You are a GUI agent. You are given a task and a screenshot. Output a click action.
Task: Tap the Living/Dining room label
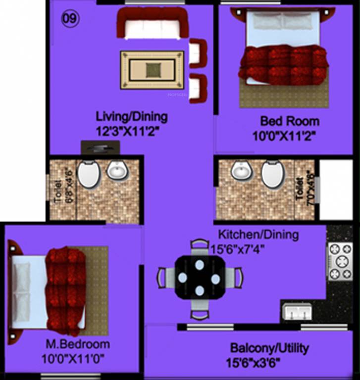pos(132,117)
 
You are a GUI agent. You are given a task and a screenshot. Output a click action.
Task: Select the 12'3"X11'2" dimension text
pos(132,132)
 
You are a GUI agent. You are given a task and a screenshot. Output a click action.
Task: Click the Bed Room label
pos(290,121)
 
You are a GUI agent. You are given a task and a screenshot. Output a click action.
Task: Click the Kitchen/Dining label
pos(258,235)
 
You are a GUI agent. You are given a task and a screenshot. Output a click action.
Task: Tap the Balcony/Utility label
pos(269,348)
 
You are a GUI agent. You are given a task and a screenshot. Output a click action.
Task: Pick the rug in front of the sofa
pos(152,70)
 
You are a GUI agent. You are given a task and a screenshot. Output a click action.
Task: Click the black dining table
pos(199,277)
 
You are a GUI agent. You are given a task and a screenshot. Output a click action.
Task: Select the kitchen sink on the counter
pos(297,312)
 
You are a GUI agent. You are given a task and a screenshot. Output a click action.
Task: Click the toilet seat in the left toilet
pos(89,174)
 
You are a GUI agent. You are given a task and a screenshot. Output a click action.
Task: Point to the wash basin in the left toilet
pos(118,171)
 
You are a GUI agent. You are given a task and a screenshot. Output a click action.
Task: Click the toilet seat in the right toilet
pos(273,174)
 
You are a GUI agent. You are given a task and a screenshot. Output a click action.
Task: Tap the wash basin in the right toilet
pos(242,171)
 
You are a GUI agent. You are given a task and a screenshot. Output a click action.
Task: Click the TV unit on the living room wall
pos(101,147)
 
